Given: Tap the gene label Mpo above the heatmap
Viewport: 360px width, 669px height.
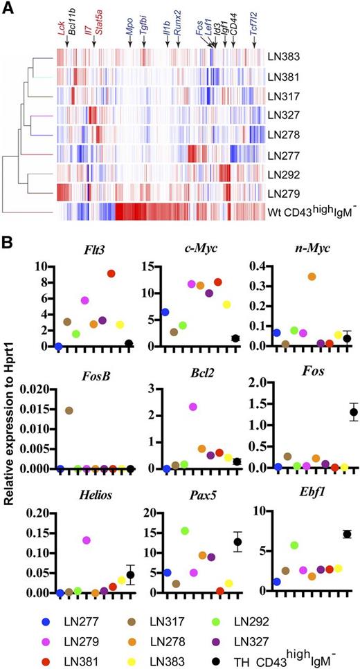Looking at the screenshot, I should coord(129,31).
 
